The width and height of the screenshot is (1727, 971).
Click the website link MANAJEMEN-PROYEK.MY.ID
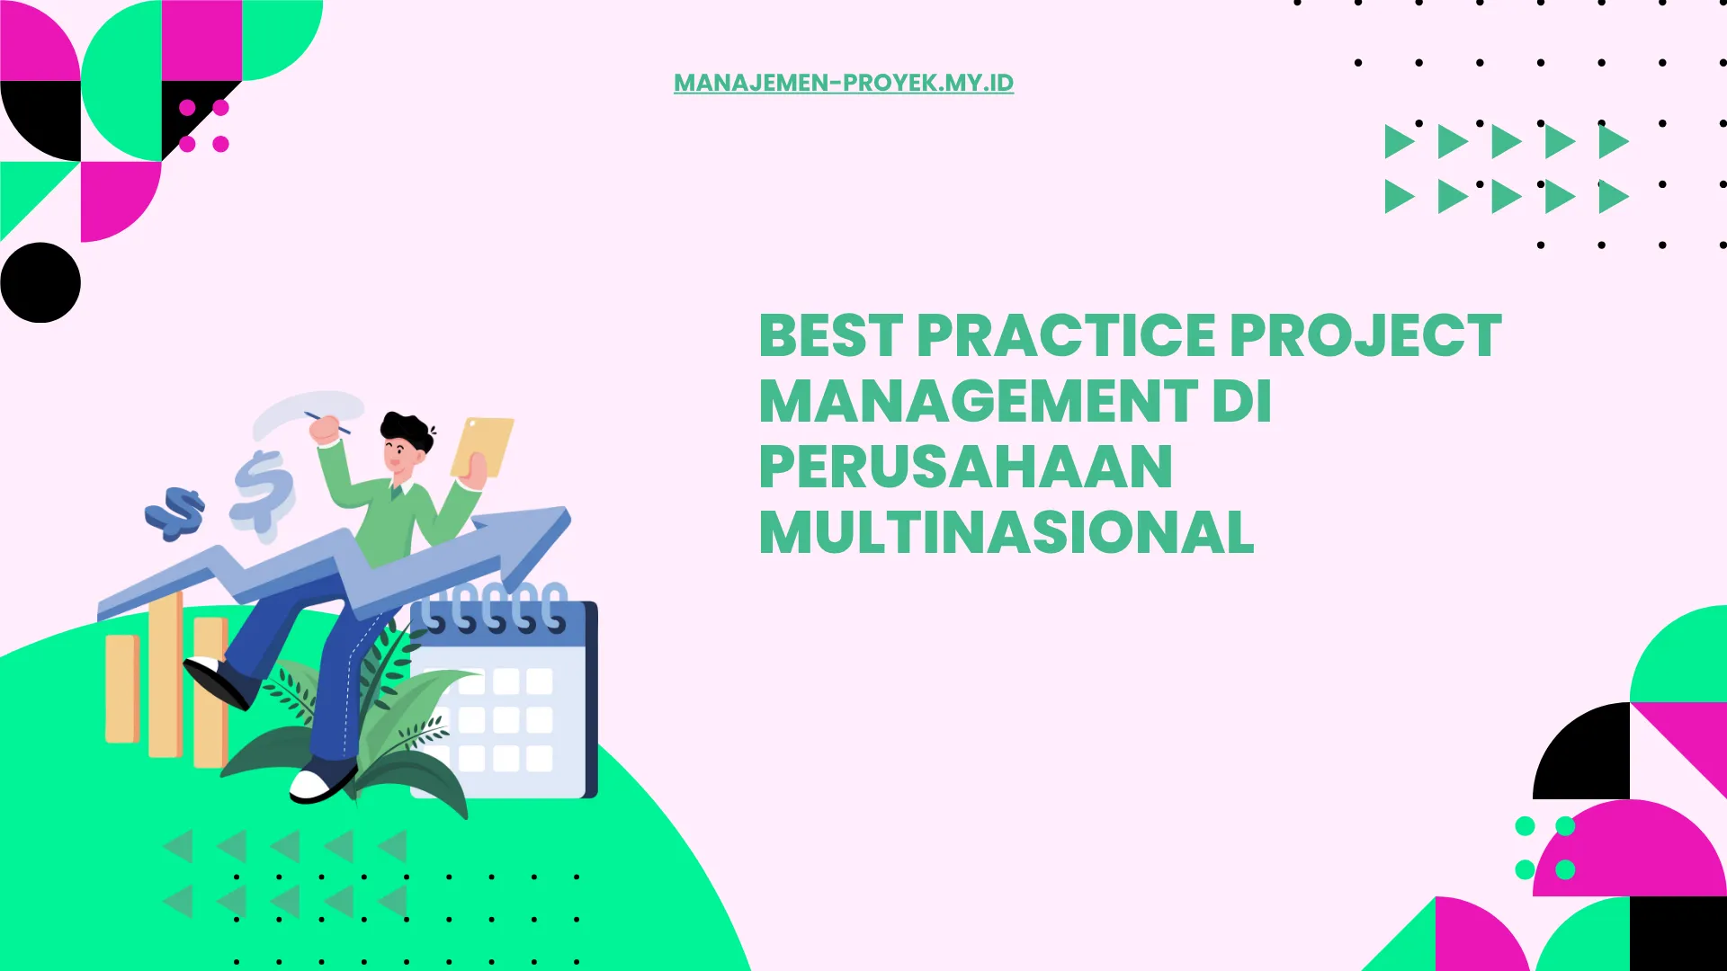(843, 83)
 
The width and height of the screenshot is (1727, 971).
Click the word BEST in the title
(830, 336)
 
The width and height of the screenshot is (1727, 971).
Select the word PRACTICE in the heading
(1066, 336)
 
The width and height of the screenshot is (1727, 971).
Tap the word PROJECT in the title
(1365, 336)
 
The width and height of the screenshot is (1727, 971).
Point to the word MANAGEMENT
(979, 401)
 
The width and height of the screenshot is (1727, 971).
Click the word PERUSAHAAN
(965, 468)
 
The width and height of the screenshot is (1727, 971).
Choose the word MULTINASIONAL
(1006, 533)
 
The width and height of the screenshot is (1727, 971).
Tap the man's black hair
(407, 429)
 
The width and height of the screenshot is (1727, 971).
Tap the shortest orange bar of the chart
(121, 688)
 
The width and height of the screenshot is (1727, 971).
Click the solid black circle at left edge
(40, 282)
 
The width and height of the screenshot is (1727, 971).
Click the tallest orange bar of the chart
(165, 674)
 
